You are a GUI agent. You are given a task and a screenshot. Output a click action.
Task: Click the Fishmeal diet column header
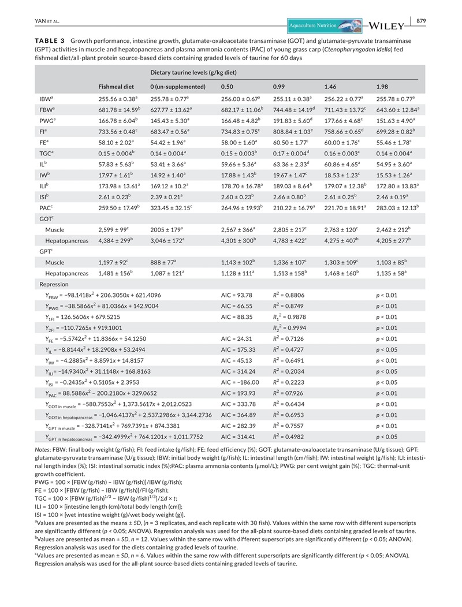[x=115, y=87]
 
